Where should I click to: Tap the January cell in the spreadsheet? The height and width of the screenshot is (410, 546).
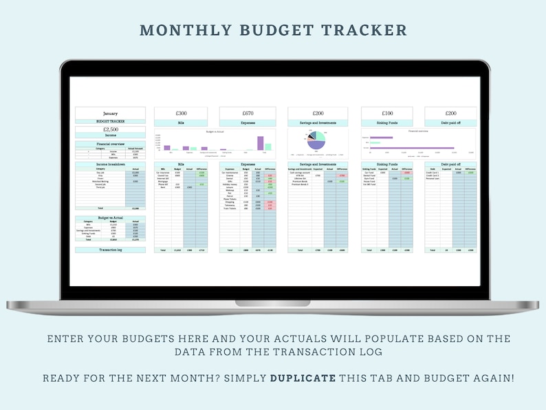pos(110,114)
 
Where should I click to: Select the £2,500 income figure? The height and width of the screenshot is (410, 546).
pos(110,129)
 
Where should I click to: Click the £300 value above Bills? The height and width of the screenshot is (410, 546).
pos(182,114)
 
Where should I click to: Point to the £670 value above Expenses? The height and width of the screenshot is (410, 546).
pos(248,114)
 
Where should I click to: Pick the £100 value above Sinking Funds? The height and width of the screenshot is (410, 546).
pos(388,114)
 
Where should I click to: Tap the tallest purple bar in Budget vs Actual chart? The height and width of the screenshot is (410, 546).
pos(261,142)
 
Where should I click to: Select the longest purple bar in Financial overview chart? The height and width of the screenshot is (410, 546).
pos(413,148)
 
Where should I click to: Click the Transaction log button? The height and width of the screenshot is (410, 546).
pos(110,250)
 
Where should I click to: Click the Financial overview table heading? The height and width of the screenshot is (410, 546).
pos(110,144)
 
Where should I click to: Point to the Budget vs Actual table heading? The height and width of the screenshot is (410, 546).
pos(110,217)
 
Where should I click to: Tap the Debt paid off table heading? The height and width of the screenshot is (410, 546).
pos(450,164)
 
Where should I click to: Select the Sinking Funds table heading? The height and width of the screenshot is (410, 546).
pos(388,164)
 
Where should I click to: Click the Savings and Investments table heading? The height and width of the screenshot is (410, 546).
pos(316,164)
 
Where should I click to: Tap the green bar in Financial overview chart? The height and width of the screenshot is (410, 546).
pos(375,142)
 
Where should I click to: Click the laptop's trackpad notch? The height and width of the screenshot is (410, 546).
pos(272,302)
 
